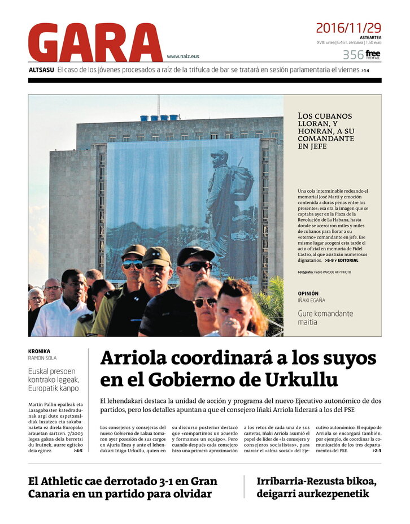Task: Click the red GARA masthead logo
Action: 95,43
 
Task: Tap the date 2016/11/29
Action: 348,28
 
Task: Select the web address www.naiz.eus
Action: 183,57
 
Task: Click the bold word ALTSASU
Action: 41,70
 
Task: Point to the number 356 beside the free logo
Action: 353,55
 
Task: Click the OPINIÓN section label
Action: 312,293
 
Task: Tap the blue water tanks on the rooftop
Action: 159,118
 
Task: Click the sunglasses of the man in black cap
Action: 196,266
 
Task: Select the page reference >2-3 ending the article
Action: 376,451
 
